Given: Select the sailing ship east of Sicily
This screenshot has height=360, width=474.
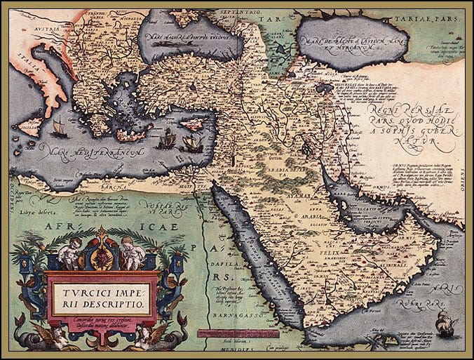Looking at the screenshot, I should click(x=60, y=129).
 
